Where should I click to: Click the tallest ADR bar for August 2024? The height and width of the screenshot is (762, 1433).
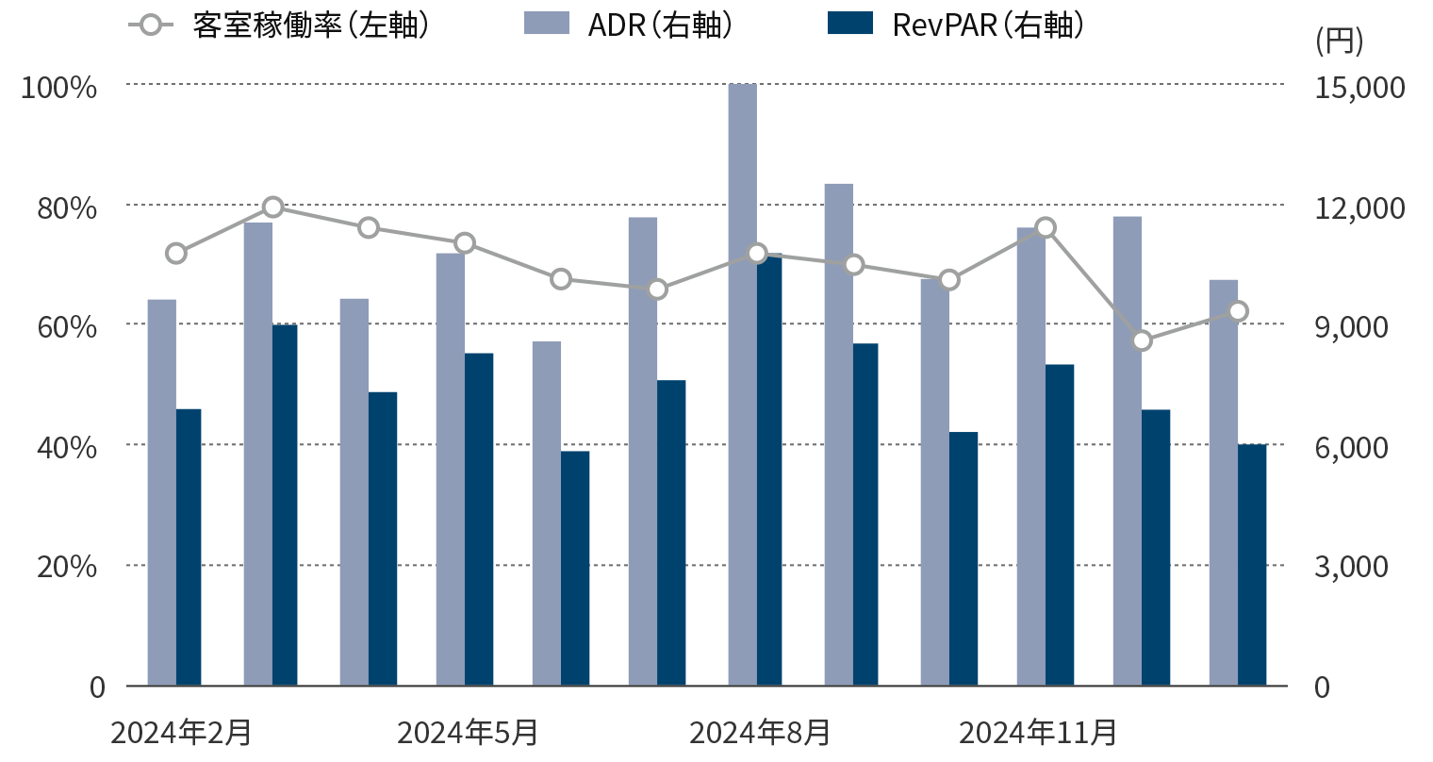tap(742, 377)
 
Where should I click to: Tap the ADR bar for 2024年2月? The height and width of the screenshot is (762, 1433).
tap(161, 490)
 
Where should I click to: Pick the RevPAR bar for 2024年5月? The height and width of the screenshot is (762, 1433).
tap(479, 519)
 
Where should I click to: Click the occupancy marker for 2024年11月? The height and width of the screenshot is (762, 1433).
tap(1045, 228)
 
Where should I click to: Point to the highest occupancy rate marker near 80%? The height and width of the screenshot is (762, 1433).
tap(272, 207)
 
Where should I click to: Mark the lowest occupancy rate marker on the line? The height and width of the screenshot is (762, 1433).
tap(1142, 340)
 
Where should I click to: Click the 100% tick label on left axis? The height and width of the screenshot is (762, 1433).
tap(59, 88)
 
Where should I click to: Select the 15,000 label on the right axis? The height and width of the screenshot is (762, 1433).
tap(1359, 88)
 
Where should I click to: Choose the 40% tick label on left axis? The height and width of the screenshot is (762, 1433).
tap(66, 447)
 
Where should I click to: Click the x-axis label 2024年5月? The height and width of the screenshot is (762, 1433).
tap(468, 733)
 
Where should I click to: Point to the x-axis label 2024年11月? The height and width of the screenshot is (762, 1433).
tap(1038, 733)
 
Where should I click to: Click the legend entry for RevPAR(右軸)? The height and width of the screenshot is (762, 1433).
tap(955, 25)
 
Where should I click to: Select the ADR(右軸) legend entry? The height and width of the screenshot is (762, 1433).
tap(628, 25)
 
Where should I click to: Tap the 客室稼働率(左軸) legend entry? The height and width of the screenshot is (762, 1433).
tap(279, 25)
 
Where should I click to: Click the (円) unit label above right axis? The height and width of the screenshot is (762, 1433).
tap(1338, 41)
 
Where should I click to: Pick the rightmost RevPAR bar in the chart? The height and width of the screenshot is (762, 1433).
tap(1252, 566)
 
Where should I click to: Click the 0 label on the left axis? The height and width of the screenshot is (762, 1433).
tap(97, 687)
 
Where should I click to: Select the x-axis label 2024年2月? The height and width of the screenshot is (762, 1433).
tap(181, 733)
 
